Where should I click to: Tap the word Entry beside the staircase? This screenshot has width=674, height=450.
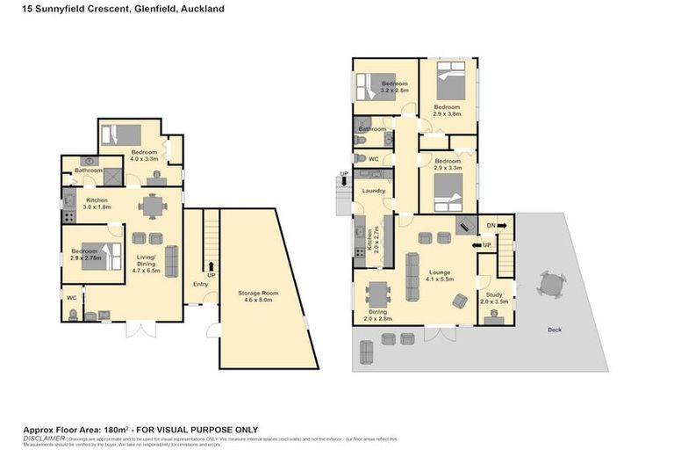pyautogui.click(x=201, y=284)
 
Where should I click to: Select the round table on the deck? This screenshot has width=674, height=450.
pyautogui.click(x=551, y=286)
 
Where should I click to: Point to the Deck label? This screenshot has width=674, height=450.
pyautogui.click(x=554, y=330)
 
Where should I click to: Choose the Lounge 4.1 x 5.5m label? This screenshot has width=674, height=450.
pyautogui.click(x=440, y=276)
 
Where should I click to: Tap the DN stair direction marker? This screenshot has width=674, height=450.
pyautogui.click(x=491, y=226)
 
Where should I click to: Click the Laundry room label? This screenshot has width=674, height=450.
pyautogui.click(x=374, y=191)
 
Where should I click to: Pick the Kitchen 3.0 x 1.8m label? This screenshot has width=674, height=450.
pyautogui.click(x=97, y=204)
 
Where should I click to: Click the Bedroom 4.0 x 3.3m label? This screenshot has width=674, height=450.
pyautogui.click(x=143, y=156)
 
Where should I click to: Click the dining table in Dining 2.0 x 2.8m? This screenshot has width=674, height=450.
pyautogui.click(x=377, y=293)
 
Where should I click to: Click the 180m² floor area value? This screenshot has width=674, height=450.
pyautogui.click(x=114, y=429)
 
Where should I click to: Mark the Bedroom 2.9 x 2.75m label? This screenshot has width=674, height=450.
pyautogui.click(x=86, y=256)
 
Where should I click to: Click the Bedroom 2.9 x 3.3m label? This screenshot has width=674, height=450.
pyautogui.click(x=448, y=165)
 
